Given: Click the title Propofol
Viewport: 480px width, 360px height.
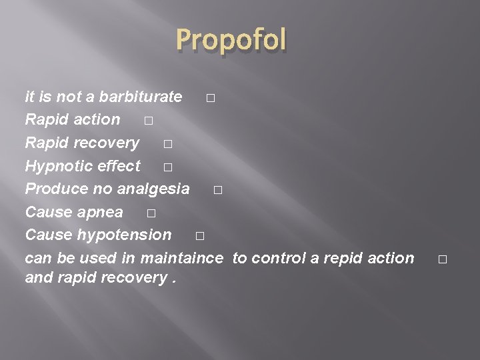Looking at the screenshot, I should click(x=231, y=41).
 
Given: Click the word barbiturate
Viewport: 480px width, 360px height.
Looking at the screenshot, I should click(x=140, y=97).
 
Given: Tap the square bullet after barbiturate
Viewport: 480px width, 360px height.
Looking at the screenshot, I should click(x=211, y=99).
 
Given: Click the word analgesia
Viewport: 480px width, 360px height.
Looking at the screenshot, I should click(x=153, y=189).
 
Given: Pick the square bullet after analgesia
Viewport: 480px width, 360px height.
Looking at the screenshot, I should click(x=218, y=191).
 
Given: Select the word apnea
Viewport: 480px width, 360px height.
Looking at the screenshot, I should click(x=101, y=212).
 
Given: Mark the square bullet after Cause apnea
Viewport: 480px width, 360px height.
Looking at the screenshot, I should click(x=150, y=214).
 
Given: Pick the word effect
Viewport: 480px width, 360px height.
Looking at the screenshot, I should click(x=121, y=166).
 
